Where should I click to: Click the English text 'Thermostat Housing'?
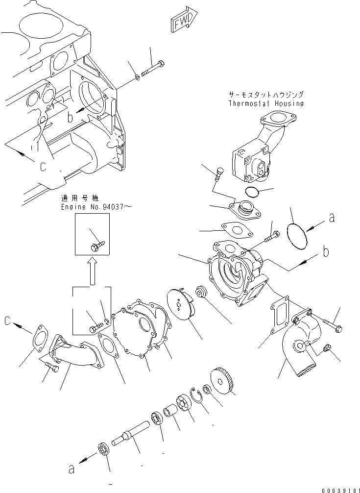(x=266, y=103)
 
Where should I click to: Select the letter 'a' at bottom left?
(x=72, y=469)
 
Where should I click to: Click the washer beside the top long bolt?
(x=138, y=77)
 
